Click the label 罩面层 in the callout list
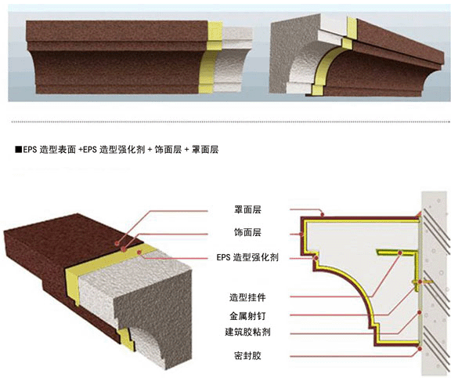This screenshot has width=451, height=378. coord(247,209)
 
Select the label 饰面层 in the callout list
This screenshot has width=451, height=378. coord(247,232)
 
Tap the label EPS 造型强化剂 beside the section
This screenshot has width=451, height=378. coord(247,257)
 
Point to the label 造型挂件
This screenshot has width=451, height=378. coord(247,297)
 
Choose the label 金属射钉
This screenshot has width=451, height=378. coord(247,316)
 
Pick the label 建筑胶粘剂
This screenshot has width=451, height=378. coord(247,332)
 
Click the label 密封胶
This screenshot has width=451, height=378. coord(247,356)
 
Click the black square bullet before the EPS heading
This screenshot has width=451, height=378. coord(19,150)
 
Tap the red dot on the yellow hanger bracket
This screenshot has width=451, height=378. coord(400,253)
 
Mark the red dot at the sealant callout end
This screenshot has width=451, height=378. coord(420,349)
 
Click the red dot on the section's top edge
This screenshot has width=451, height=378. coord(323,214)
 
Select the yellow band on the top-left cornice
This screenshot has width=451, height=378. coord(211,57)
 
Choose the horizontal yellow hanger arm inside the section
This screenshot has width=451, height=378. coord(397,253)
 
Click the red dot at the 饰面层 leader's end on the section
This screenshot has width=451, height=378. coord(301,234)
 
